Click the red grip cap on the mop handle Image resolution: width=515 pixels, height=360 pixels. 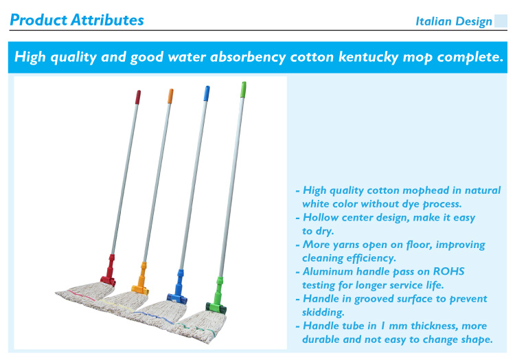coord(138,98)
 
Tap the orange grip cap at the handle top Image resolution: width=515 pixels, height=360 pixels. coord(170,96)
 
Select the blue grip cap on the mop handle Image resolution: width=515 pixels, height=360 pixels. coord(207,93)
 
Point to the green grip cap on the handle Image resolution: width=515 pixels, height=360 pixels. coord(243,89)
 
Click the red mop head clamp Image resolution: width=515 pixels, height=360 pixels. coord(109,271)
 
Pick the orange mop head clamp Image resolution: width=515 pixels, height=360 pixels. coord(141,279)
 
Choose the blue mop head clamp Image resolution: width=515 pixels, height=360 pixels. coord(178,286)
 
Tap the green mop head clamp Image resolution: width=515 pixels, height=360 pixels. coord(217,295)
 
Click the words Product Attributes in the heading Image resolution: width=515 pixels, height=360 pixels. coord(77,20)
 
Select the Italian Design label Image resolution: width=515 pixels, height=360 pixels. coord(454,21)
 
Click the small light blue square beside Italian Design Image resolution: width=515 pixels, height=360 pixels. coord(501,21)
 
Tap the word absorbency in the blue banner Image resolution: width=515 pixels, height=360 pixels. coord(248,57)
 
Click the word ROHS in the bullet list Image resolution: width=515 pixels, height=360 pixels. coord(448,271)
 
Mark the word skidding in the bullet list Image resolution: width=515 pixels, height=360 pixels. coord(323,312)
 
